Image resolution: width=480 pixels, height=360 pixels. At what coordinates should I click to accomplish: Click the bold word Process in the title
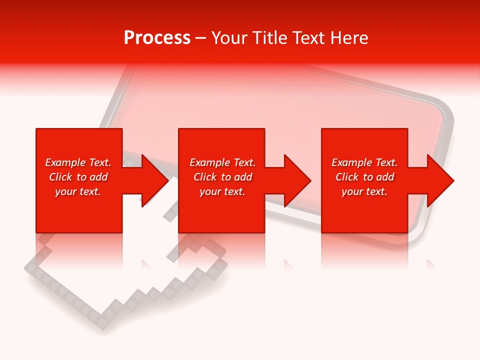(157, 38)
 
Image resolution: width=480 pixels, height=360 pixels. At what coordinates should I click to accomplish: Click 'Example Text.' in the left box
(78, 162)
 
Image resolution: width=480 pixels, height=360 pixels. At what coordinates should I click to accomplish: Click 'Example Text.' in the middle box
(222, 162)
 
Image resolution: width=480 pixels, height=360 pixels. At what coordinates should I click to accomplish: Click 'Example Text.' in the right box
(364, 162)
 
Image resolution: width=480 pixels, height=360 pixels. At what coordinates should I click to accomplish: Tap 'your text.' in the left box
(78, 191)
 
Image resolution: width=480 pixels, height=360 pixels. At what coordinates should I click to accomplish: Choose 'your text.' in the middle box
(222, 191)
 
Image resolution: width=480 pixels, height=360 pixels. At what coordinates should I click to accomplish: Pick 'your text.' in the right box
(364, 191)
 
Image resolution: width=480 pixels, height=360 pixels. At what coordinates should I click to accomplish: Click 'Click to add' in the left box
(78, 177)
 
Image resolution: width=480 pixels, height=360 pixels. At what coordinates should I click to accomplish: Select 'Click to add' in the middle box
(222, 177)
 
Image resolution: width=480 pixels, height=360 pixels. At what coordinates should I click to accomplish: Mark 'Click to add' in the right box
(364, 177)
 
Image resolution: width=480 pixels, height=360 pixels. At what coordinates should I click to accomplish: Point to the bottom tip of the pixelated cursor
(102, 323)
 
